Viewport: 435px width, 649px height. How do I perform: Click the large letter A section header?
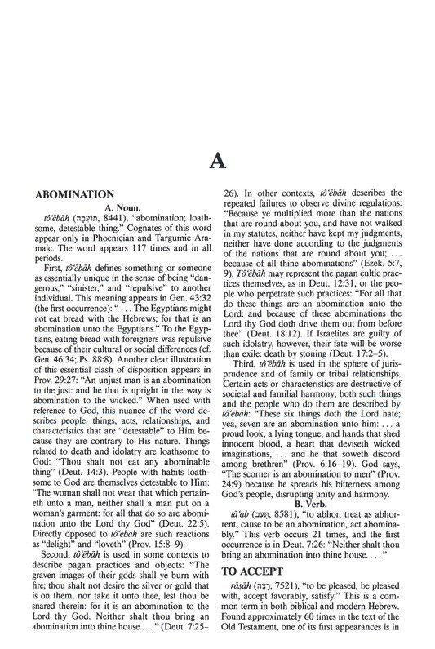pos(217,161)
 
